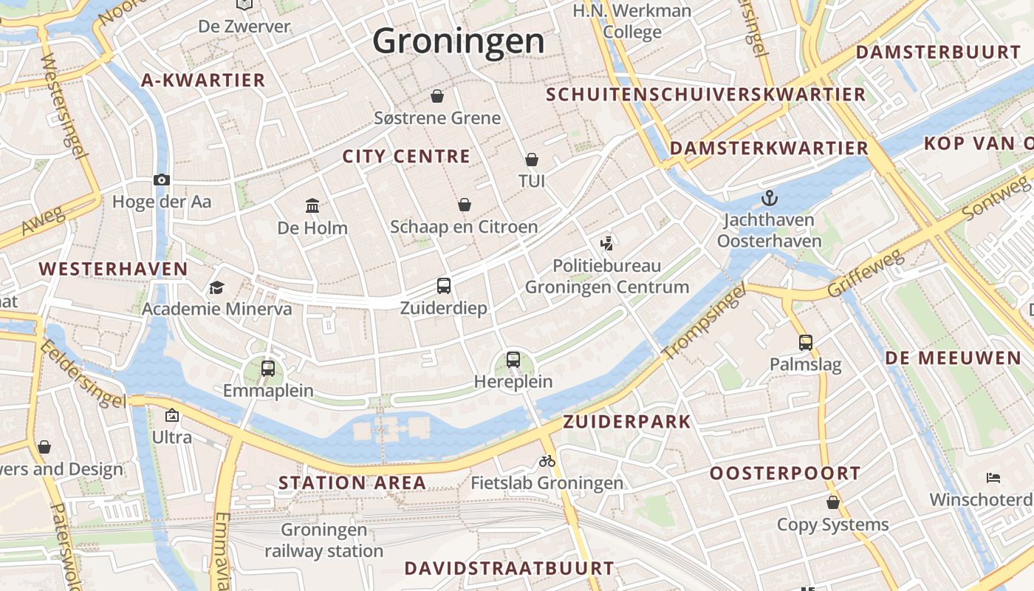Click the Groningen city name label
pyautogui.click(x=458, y=41)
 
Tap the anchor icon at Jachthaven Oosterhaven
pyautogui.click(x=770, y=198)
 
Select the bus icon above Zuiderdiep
pyautogui.click(x=443, y=285)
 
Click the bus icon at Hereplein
pyautogui.click(x=513, y=360)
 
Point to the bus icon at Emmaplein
pyautogui.click(x=268, y=368)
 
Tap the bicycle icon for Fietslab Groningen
pyautogui.click(x=547, y=461)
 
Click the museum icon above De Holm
pyautogui.click(x=312, y=205)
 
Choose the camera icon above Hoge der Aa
pyautogui.click(x=162, y=180)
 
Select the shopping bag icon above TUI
pyautogui.click(x=531, y=160)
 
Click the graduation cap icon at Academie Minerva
pyautogui.click(x=216, y=287)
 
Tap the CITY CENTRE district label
pyautogui.click(x=406, y=157)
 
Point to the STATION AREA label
pyautogui.click(x=352, y=483)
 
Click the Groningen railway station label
pyautogui.click(x=324, y=541)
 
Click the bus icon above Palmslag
pyautogui.click(x=805, y=342)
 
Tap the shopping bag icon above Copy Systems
pyautogui.click(x=833, y=503)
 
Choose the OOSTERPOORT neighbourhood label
pyautogui.click(x=785, y=474)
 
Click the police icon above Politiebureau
pyautogui.click(x=607, y=242)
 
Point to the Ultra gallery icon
pyautogui.click(x=172, y=415)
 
